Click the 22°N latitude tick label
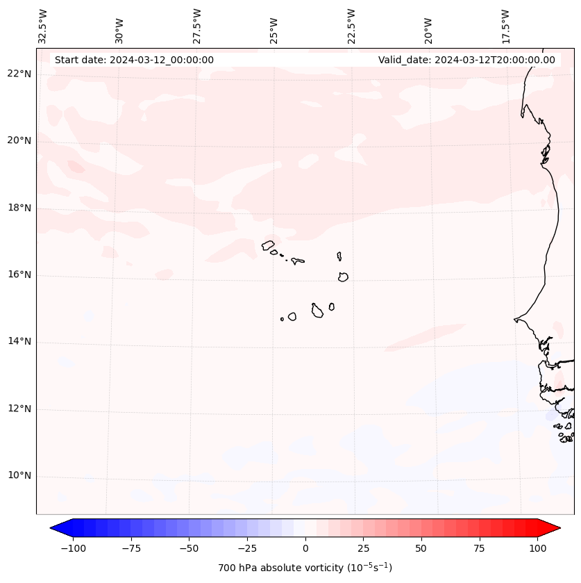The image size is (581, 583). pos(19,74)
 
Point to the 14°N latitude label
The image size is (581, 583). pos(19,342)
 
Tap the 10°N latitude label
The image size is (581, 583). pos(19,476)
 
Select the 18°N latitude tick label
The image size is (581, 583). pos(19,208)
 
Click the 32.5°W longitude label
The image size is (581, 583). pos(43,26)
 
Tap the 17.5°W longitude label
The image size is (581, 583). pos(505,26)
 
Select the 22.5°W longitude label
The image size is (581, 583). pos(351,26)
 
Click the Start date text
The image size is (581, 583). pos(134,60)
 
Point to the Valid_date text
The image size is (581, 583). pos(466,60)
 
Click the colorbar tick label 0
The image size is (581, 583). pos(305,548)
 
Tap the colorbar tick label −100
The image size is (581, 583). pos(73,548)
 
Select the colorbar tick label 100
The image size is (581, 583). pos(537,548)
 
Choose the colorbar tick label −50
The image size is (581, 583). pos(189,548)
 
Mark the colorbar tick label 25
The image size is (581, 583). pos(363,548)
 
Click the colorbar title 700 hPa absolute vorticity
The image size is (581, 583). pos(305,568)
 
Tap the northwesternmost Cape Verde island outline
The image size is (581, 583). pos(268,245)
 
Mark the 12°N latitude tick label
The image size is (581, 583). pos(19,409)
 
